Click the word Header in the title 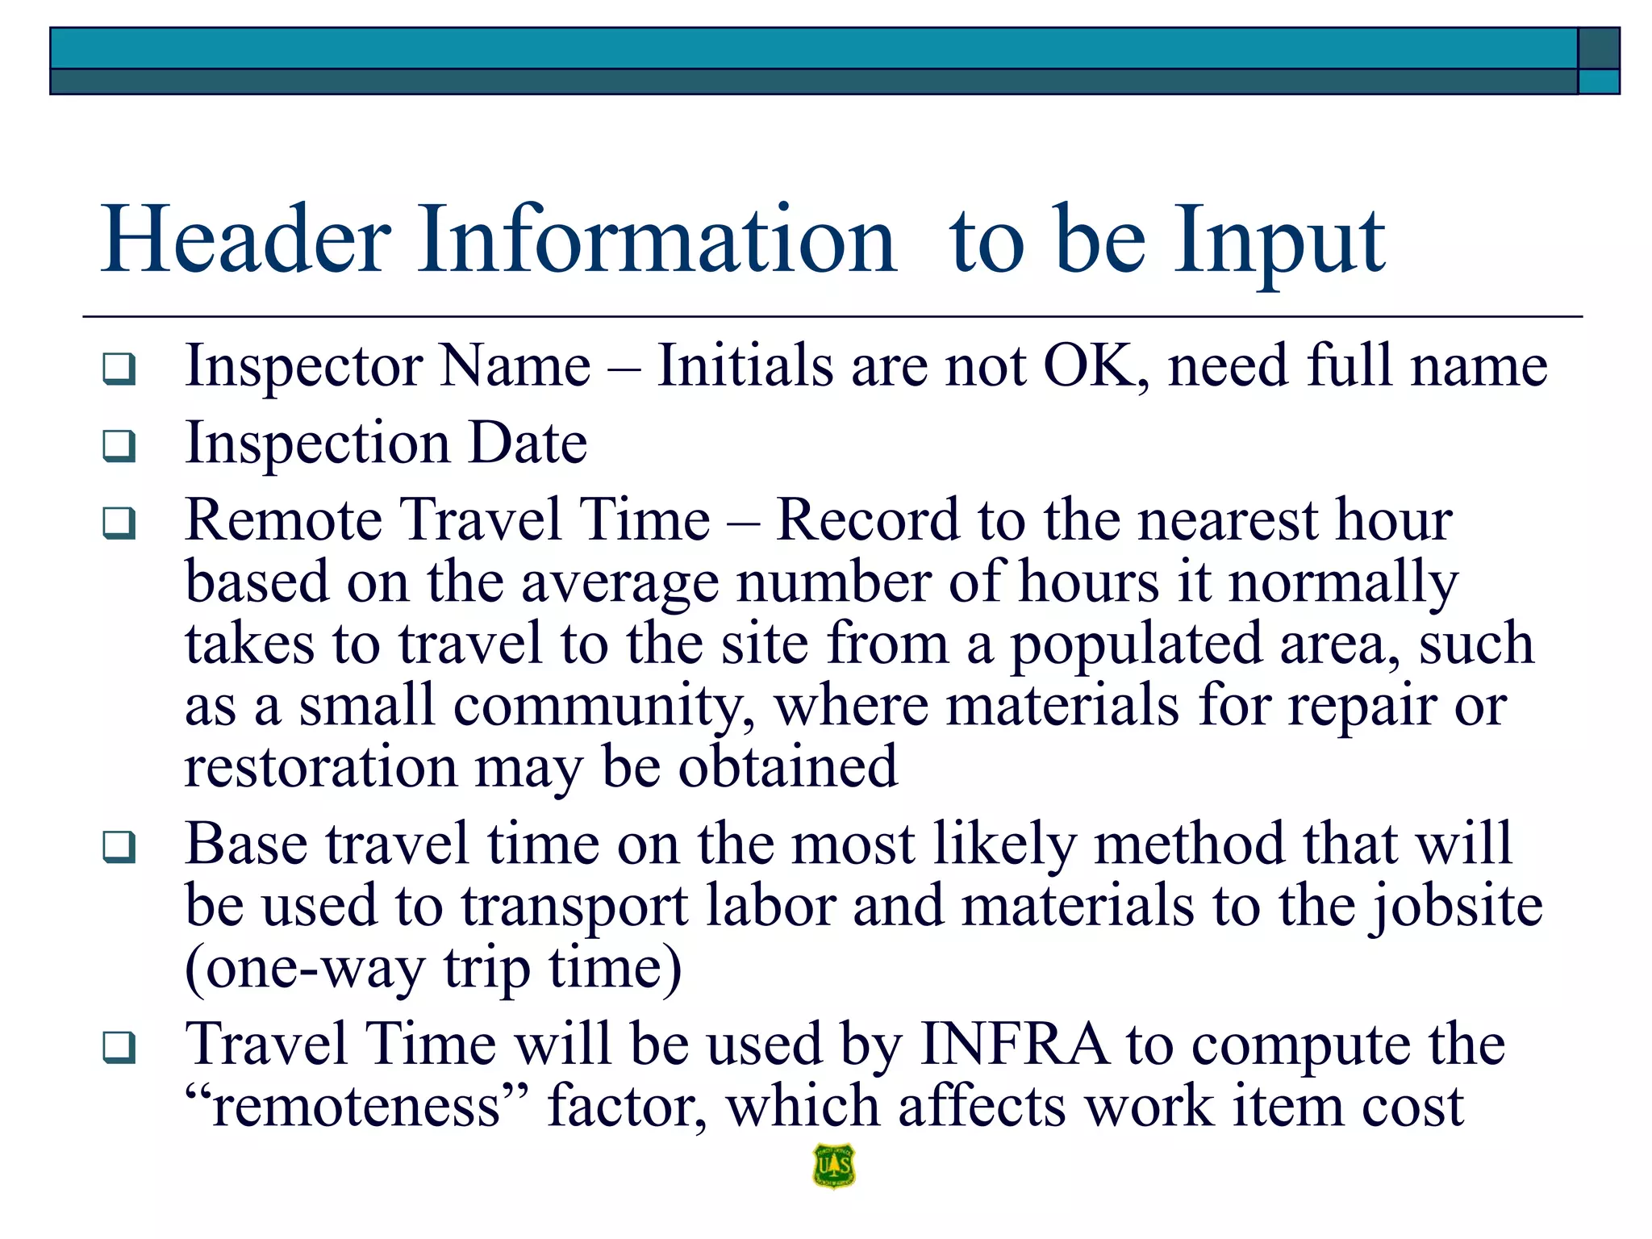[246, 240]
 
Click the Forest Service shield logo [834, 1166]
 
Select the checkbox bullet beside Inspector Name [119, 369]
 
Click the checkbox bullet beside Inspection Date [119, 445]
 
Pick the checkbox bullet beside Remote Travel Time [119, 523]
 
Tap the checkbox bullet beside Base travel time [119, 847]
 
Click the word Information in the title [657, 240]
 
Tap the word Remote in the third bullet [283, 519]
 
